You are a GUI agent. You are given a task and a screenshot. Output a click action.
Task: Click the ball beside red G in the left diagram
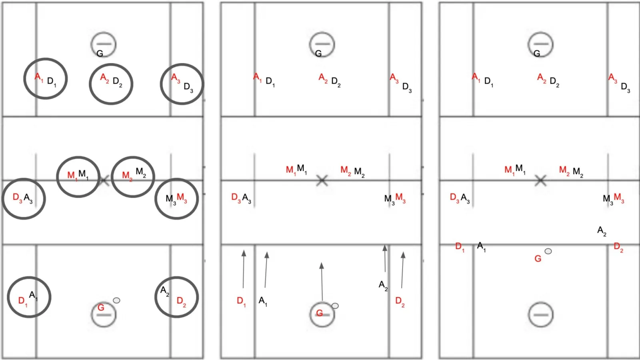coord(116,300)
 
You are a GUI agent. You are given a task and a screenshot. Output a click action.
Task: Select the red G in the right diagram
coord(538,259)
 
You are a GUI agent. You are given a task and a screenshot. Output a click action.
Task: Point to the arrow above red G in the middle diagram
coord(322,282)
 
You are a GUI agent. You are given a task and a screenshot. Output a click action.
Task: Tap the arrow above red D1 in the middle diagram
coord(244,269)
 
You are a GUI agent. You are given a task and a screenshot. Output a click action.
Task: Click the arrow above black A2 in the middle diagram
coord(385,258)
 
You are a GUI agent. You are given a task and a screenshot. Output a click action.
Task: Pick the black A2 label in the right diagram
coord(602,231)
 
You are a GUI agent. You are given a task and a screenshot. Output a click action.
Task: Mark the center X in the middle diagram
coord(322,180)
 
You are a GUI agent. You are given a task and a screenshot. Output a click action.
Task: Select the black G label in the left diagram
coord(100,54)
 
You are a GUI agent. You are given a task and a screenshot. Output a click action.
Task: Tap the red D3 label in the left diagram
coord(18,197)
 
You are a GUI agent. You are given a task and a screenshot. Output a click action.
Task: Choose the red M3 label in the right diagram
coord(619,198)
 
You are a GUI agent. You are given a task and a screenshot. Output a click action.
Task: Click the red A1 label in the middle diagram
coord(258,77)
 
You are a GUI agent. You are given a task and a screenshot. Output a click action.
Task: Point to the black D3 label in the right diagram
coord(626,88)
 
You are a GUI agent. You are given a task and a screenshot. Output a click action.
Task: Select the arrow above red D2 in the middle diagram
coord(402,270)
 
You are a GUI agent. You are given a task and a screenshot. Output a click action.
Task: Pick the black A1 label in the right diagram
coord(482,246)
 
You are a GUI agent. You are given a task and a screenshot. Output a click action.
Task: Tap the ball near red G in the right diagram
coord(548,251)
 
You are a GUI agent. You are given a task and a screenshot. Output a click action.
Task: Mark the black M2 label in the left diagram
coord(141,172)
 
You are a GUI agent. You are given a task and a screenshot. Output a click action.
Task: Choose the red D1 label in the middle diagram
coord(241,302)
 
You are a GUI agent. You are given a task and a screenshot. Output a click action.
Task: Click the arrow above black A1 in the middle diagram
coord(266,270)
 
